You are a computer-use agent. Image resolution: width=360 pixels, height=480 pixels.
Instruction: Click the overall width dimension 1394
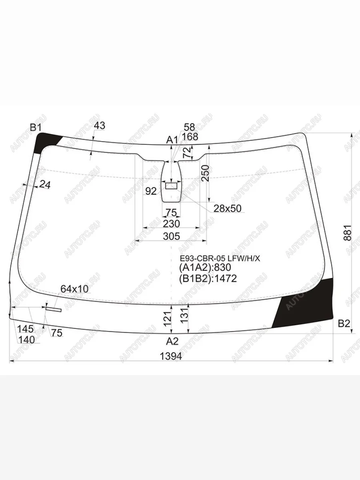[x=171, y=356]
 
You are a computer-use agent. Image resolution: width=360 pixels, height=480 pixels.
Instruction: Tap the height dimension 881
[x=347, y=232]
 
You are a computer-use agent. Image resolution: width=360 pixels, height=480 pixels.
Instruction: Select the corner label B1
[x=36, y=127]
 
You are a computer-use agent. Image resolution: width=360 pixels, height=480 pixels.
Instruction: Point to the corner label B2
[x=344, y=324]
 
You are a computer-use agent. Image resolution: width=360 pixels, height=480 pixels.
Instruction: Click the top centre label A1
[x=172, y=140]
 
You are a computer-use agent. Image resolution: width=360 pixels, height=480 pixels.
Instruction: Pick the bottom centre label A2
[x=172, y=341]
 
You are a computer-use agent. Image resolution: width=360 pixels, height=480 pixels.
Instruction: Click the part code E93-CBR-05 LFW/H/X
[x=220, y=259]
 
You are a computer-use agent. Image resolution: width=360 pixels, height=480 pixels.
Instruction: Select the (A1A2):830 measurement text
[x=205, y=268]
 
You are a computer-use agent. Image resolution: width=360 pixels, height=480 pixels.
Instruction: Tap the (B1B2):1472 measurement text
[x=208, y=278]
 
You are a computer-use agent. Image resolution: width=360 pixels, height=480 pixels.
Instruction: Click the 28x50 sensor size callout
[x=227, y=209]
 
